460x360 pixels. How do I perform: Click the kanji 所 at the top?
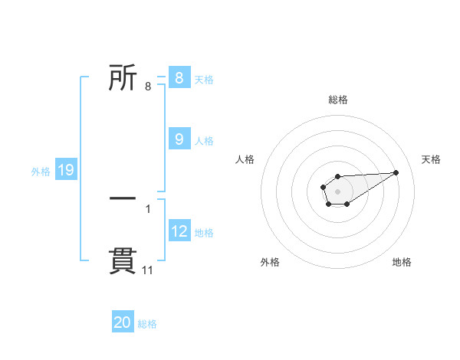pyautogui.click(x=123, y=78)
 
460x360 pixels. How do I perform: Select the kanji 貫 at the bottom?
pyautogui.click(x=123, y=260)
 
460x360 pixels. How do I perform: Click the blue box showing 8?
pyautogui.click(x=179, y=78)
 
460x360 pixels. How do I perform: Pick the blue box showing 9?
pyautogui.click(x=179, y=139)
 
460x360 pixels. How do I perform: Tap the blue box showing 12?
pyautogui.click(x=179, y=231)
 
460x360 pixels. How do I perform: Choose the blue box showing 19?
pyautogui.click(x=66, y=170)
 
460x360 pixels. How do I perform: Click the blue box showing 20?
pyautogui.click(x=123, y=323)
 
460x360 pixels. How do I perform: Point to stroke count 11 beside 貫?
pyautogui.click(x=148, y=270)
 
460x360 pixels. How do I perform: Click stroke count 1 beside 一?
pyautogui.click(x=148, y=208)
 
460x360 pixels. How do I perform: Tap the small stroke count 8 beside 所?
pyautogui.click(x=148, y=87)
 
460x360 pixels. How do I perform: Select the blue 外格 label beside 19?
pyautogui.click(x=41, y=172)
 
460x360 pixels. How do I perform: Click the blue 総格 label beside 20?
pyautogui.click(x=147, y=325)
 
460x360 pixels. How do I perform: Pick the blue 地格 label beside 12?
pyautogui.click(x=204, y=233)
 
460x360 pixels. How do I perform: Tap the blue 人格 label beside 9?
pyautogui.click(x=204, y=141)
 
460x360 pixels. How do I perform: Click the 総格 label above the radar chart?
pyautogui.click(x=337, y=100)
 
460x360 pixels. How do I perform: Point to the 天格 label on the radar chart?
pyautogui.click(x=431, y=159)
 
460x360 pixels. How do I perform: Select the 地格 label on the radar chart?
pyautogui.click(x=402, y=263)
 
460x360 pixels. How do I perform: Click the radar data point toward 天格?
pyautogui.click(x=396, y=172)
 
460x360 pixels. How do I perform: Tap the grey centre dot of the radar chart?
pyautogui.click(x=337, y=191)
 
